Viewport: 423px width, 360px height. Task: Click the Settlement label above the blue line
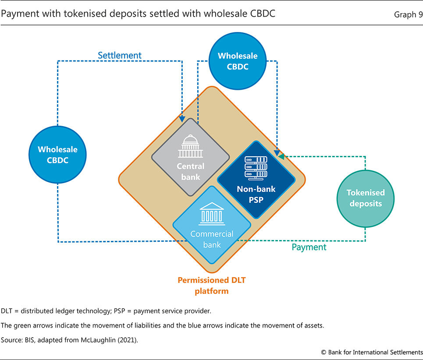pos(119,55)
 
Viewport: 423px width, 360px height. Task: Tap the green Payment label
pos(309,247)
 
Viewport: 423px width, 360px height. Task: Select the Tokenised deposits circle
pos(365,198)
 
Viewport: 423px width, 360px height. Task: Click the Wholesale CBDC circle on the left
pos(57,155)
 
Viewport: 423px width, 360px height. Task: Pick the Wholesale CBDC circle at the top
pos(238,61)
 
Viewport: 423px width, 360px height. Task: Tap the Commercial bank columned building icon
pos(212,215)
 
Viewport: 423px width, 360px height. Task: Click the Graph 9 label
pos(408,14)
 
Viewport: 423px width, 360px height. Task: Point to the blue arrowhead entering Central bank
pos(182,118)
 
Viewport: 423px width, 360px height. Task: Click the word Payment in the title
pos(18,14)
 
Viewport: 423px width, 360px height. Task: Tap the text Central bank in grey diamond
pos(191,172)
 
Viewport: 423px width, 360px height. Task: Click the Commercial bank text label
pos(212,239)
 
